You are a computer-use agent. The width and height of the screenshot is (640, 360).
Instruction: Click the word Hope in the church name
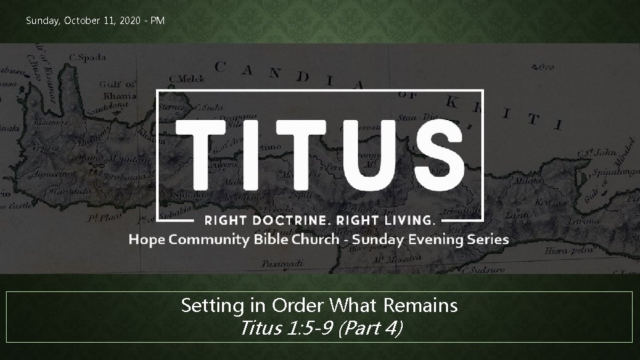pos(145,239)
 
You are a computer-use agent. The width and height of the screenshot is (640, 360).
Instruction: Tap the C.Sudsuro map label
pos(489,270)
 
